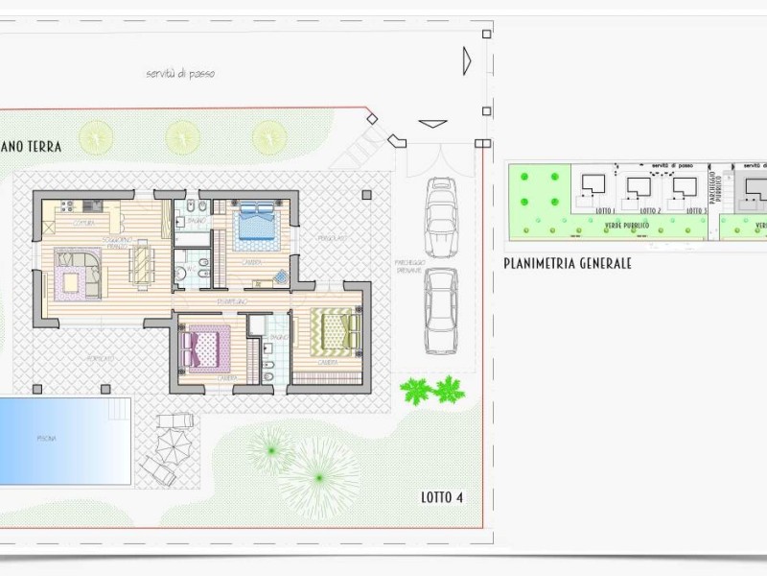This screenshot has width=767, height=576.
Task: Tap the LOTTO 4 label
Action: [x=442, y=497]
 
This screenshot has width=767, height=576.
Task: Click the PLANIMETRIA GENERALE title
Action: [x=567, y=262]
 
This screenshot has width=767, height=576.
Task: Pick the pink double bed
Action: [x=206, y=348]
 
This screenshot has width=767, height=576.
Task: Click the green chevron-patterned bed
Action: [x=337, y=332]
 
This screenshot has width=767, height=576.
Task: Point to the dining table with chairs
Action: [x=142, y=263]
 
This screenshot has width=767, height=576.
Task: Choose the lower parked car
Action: [x=441, y=309]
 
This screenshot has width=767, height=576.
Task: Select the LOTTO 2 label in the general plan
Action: [x=649, y=210]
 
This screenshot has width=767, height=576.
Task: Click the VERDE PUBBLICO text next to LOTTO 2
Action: [x=627, y=226]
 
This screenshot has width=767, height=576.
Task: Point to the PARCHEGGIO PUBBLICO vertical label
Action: [x=715, y=191]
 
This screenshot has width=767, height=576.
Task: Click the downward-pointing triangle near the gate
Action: [x=433, y=123]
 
